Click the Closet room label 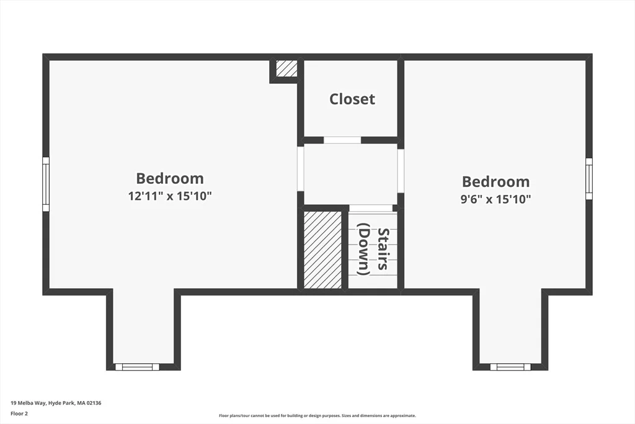tap(352, 99)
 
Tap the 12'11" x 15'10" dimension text tap(170, 196)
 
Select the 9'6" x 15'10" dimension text tap(495, 199)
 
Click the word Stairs tap(383, 248)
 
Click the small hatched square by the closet tap(286, 68)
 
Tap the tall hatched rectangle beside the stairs tap(322, 250)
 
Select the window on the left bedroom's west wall tap(46, 184)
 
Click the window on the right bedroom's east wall tap(589, 179)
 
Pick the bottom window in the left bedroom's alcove tap(137, 367)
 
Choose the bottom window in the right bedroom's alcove tap(510, 367)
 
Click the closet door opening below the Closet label tap(342, 140)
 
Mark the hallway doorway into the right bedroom tap(401, 171)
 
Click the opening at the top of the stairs tap(371, 208)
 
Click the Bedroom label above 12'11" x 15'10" tap(170, 178)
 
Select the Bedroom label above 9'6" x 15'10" tap(495, 182)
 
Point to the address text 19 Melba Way tap(29, 403)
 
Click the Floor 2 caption tap(19, 414)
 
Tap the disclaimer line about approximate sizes tap(317, 415)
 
